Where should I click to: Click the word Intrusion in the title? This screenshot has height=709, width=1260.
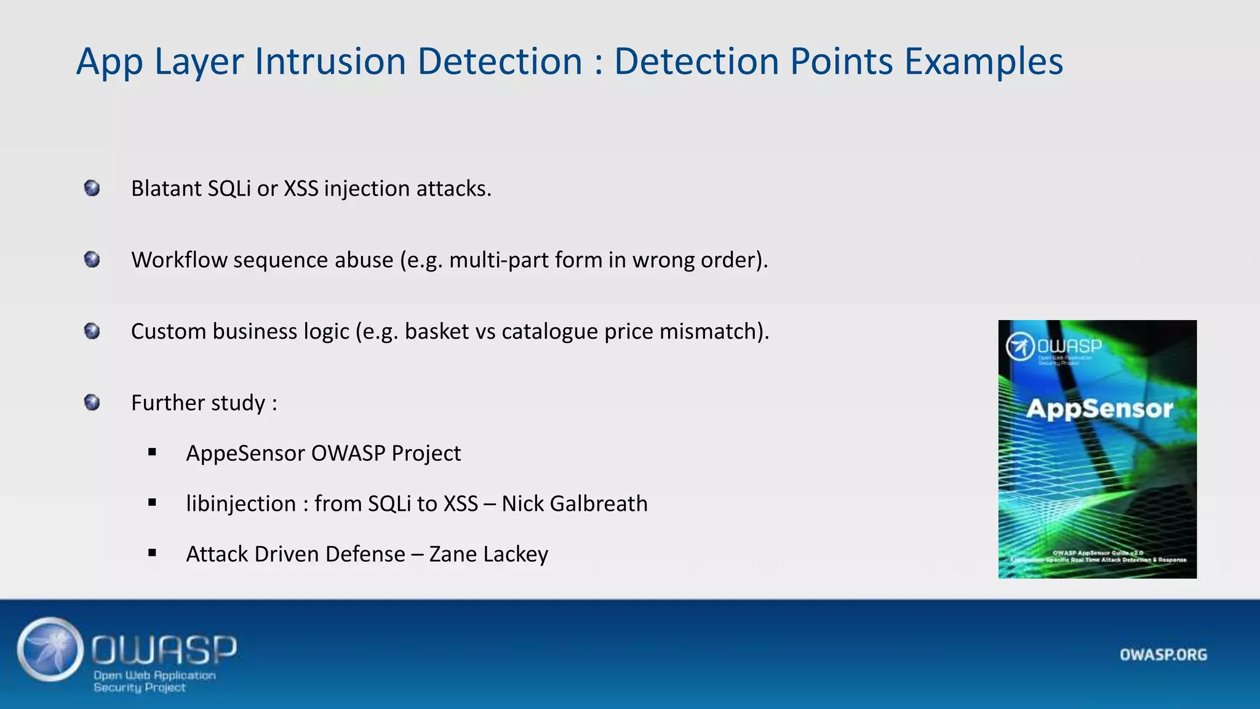[x=330, y=62]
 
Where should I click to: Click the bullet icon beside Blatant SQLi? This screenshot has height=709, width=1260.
[x=92, y=188]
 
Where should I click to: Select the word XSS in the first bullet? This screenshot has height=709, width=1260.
[x=301, y=188]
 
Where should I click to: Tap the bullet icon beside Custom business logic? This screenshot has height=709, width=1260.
[x=92, y=331]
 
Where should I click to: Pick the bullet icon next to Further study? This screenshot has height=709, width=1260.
[x=92, y=403]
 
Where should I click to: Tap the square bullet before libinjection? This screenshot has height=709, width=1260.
[x=152, y=503]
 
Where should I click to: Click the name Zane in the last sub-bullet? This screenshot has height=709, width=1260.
[x=453, y=554]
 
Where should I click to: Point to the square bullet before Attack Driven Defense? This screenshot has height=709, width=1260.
[x=152, y=553]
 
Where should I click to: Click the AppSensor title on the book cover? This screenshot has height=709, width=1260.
[x=1099, y=409]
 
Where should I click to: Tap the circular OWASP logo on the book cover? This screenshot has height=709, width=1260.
[x=1019, y=347]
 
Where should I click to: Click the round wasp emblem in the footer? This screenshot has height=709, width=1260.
[x=50, y=649]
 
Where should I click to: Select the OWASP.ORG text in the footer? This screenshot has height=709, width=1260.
[x=1163, y=654]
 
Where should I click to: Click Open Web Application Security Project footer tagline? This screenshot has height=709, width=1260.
[x=154, y=681]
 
